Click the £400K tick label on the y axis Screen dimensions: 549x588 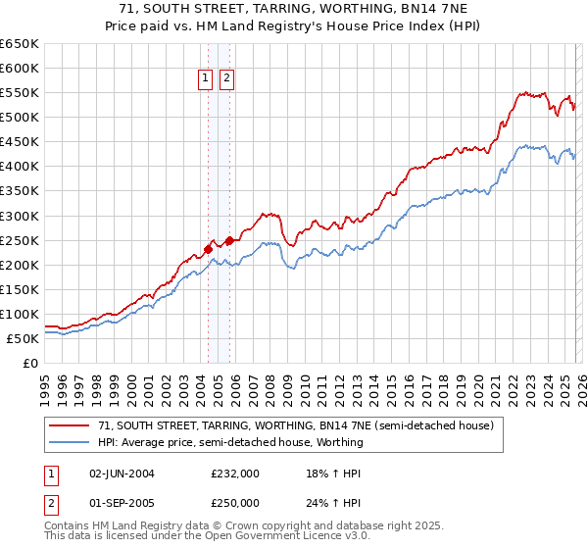[x=20, y=167]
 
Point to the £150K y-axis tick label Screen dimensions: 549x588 [x=20, y=289]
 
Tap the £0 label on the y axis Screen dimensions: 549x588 [x=30, y=363]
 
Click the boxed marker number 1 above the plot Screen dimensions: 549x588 [x=206, y=79]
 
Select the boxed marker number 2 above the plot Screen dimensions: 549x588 [x=226, y=79]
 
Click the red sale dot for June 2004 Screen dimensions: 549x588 [x=208, y=249]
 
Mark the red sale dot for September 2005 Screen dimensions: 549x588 [x=229, y=240]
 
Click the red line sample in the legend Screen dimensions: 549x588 [x=70, y=426]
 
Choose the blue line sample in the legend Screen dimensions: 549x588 [x=70, y=442]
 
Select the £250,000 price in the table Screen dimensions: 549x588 [x=235, y=503]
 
